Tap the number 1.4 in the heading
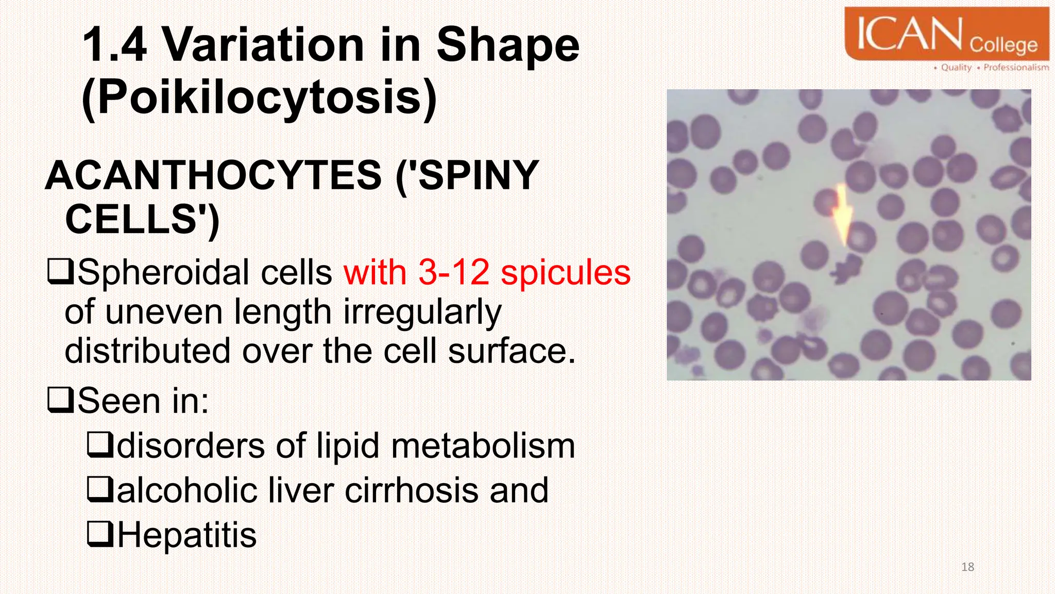click(x=114, y=45)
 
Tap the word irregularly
click(x=422, y=312)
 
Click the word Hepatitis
click(x=187, y=535)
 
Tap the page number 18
click(x=967, y=567)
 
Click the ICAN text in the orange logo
click(x=909, y=34)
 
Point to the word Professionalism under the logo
click(x=1015, y=68)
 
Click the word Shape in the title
click(x=507, y=45)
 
